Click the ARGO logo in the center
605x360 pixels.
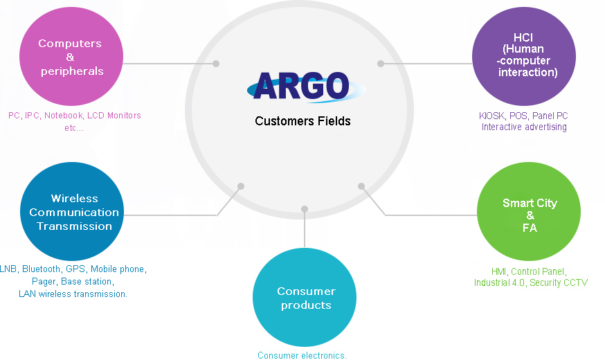point(306,87)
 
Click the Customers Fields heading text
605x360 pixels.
point(302,121)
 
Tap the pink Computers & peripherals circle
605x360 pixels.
point(71,56)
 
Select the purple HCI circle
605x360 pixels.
point(524,56)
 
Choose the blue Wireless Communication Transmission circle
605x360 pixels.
point(72,211)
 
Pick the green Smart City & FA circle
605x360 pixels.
point(529,211)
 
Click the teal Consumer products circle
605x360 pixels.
point(305,297)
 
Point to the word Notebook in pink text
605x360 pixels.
point(64,116)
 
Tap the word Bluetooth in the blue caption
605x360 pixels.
point(42,269)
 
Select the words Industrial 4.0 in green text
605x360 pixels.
point(499,282)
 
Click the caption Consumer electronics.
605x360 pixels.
point(302,355)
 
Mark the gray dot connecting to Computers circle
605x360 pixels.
point(216,63)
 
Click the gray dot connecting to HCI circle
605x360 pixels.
point(381,63)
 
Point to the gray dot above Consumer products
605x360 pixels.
point(305,209)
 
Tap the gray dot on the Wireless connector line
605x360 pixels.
point(241,186)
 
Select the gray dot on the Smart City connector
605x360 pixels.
point(361,186)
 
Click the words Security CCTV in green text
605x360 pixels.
point(559,282)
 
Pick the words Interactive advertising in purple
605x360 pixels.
point(524,127)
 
